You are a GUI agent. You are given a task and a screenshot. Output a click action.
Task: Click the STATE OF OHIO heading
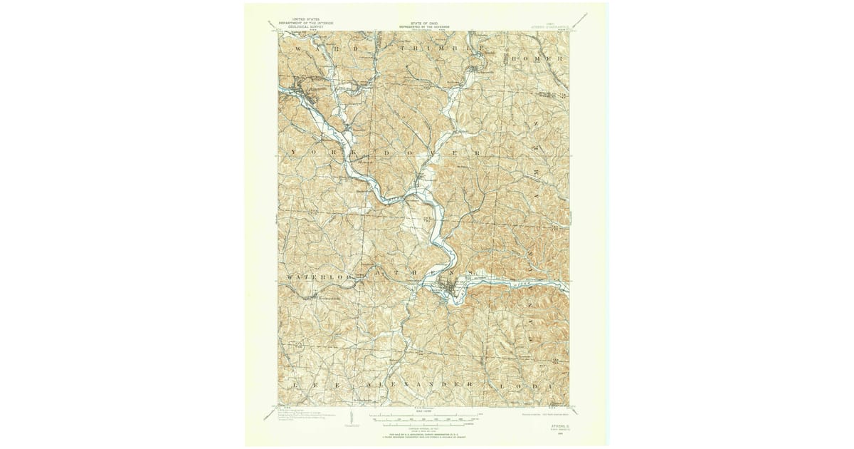[423, 23]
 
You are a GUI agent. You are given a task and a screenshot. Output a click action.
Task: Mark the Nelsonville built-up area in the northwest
[299, 89]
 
